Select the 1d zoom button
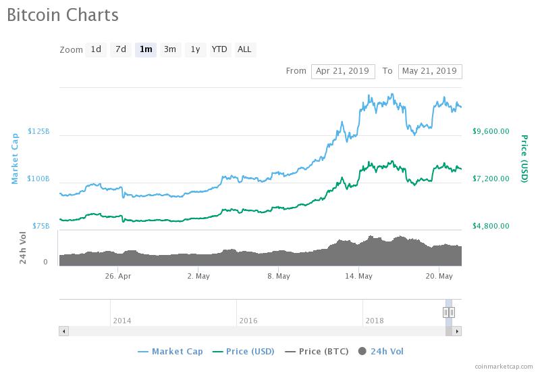tap(96, 49)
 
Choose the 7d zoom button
tap(121, 49)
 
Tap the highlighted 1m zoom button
tap(145, 49)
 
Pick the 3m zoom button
tap(170, 49)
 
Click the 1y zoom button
tap(195, 49)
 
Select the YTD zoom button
tap(219, 49)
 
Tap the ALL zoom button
tap(244, 49)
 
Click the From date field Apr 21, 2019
tap(342, 71)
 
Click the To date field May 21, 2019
tap(429, 71)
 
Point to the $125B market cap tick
tap(38, 131)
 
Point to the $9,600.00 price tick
tap(490, 131)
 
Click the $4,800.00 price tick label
tap(490, 226)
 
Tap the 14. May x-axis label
tap(358, 276)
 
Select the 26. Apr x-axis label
tap(119, 276)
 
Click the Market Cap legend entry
tap(170, 351)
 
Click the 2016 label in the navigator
tap(248, 321)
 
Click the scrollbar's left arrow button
tap(64, 331)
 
